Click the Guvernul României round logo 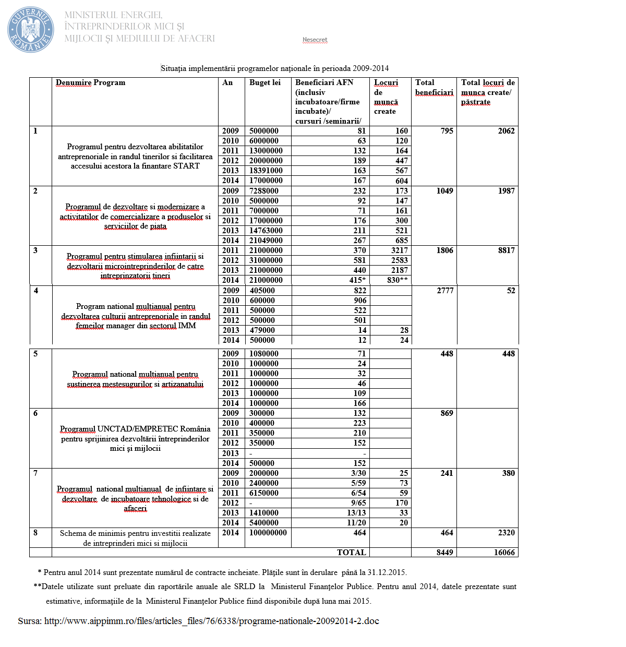31,29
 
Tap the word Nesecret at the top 315,40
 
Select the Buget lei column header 265,82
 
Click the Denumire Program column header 91,82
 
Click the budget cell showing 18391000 266,171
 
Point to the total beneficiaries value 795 447,131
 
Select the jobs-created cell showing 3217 400,250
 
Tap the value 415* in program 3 357,280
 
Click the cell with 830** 398,280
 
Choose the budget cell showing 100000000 268,533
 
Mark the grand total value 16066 504,553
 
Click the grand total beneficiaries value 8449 445,553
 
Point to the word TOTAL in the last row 352,553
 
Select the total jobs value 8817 507,250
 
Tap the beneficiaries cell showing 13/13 357,513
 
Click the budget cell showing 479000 262,330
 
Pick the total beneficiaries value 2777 446,291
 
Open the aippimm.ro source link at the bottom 211,621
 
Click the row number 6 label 35,413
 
